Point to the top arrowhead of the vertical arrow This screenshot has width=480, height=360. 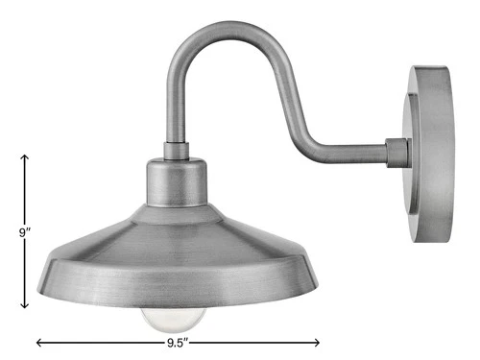[x=24, y=156]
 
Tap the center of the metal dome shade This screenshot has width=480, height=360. [x=177, y=240]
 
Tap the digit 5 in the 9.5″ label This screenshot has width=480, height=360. [x=184, y=341]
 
